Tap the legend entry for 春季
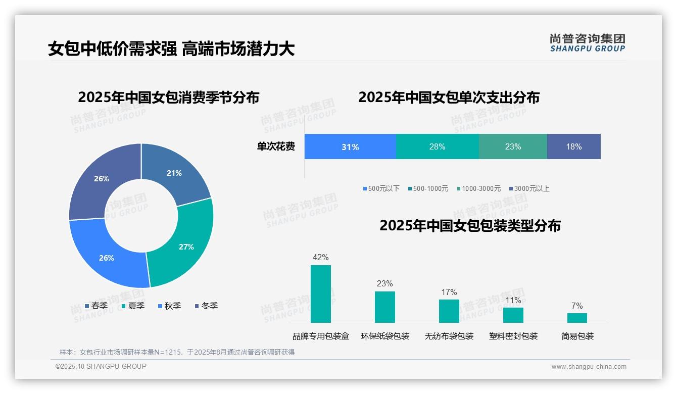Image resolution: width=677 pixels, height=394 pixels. coord(96,306)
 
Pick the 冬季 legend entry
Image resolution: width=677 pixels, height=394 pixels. coord(206,306)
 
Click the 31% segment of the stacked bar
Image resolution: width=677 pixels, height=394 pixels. coord(350,147)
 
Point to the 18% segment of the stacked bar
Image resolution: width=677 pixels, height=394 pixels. coord(574,147)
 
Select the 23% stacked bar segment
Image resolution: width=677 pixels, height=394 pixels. coord(513,147)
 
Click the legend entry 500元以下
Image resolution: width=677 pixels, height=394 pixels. coord(381,188)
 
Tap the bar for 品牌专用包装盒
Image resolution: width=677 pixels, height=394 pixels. coord(321,294)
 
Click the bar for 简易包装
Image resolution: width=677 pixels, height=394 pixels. coord(577,318)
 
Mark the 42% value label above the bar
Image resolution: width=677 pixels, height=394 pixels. coord(321,258)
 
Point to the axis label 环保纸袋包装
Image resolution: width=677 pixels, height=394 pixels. coord(385,336)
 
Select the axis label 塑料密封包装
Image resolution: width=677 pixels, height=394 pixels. coord(513,336)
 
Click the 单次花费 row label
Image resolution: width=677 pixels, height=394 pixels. coord(276,146)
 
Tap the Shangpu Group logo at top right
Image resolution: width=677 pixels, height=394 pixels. coord(587,42)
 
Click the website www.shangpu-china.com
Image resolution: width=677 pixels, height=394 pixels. coord(589,367)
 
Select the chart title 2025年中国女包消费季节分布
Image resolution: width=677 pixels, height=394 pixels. coord(168,97)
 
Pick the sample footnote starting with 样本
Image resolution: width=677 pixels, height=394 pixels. coord(177,352)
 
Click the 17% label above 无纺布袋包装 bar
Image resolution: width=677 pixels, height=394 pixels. coord(449,292)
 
